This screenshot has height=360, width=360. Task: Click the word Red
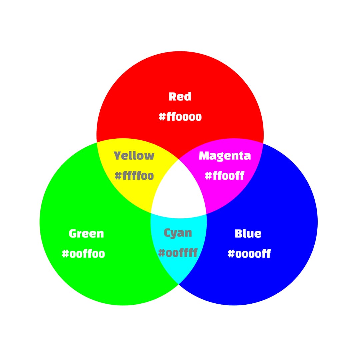(x=180, y=97)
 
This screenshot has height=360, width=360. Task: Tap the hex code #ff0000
(x=180, y=117)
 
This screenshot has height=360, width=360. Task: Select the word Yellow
(x=134, y=156)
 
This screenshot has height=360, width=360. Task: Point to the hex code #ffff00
(x=134, y=176)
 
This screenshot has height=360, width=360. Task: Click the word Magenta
(x=225, y=156)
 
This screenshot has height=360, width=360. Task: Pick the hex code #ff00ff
(x=225, y=176)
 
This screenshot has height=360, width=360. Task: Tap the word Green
(x=86, y=233)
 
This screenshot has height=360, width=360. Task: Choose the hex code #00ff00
(x=83, y=254)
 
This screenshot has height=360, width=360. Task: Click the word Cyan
(x=178, y=233)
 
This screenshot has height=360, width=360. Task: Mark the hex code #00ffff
(x=178, y=253)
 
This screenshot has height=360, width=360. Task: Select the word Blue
(x=248, y=233)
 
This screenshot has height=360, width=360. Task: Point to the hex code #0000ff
(x=249, y=254)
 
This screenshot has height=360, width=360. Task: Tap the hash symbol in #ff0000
(x=162, y=117)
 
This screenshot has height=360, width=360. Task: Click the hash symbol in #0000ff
(x=231, y=254)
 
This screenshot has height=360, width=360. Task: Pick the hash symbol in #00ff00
(x=66, y=254)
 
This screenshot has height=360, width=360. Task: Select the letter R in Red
(x=173, y=97)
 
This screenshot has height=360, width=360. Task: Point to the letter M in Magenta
(x=204, y=156)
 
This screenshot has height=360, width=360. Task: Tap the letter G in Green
(x=73, y=233)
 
